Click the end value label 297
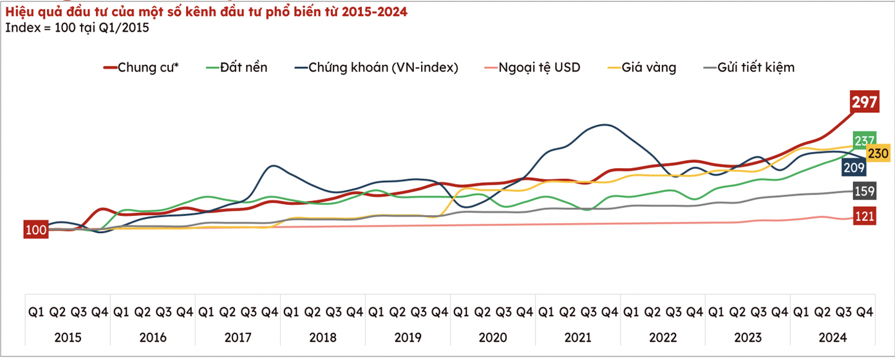click(865, 102)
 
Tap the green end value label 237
click(864, 140)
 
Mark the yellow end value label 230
click(878, 153)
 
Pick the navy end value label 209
click(853, 167)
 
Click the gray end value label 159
click(864, 191)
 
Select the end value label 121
click(864, 216)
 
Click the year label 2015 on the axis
click(68, 337)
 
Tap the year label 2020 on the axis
click(493, 337)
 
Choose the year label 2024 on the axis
click(833, 337)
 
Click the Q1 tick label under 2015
click(36, 312)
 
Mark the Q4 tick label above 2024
click(864, 312)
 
